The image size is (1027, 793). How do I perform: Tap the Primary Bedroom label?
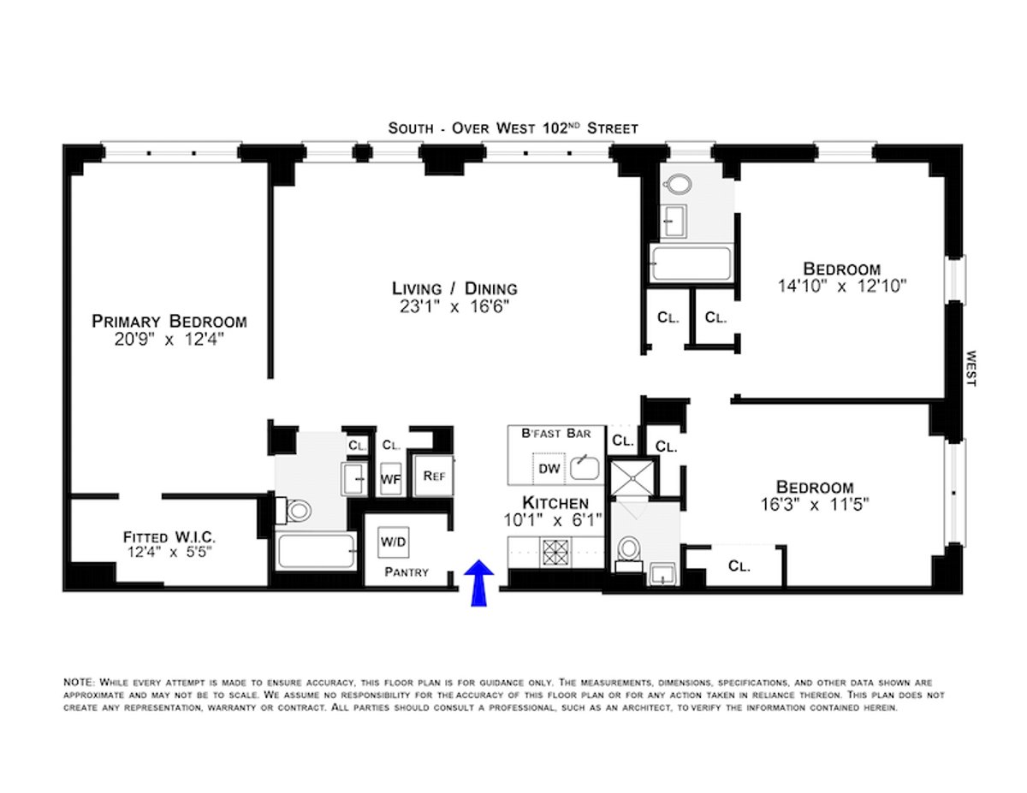tap(169, 322)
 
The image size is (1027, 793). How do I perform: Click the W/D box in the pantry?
tap(393, 542)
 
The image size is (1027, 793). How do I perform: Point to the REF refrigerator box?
tap(433, 476)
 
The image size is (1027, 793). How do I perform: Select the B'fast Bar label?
tap(555, 434)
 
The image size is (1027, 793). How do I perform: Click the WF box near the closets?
tap(390, 480)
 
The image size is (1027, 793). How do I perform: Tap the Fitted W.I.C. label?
tap(169, 537)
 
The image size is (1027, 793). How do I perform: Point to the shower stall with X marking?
tap(632, 476)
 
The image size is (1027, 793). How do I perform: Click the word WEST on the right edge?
tap(971, 368)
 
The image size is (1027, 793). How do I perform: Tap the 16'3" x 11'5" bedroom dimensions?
tap(815, 505)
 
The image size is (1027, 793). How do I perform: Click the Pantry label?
tap(406, 572)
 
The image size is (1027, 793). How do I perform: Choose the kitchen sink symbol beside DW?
tap(585, 467)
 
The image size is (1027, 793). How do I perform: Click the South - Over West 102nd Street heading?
tap(513, 128)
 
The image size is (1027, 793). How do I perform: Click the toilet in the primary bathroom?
tap(298, 512)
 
